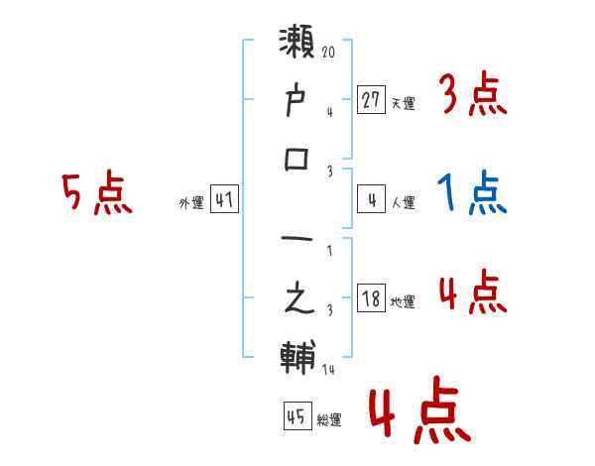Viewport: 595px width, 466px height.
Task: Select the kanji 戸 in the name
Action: click(298, 101)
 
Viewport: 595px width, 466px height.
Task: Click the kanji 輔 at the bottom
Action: click(298, 357)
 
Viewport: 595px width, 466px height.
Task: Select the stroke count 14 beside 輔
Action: click(328, 369)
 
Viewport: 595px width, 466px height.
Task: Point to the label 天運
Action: click(403, 103)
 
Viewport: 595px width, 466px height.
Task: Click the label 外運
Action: click(190, 202)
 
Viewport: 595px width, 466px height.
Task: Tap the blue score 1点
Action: click(472, 193)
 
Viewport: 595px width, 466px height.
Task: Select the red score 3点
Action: click(472, 96)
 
